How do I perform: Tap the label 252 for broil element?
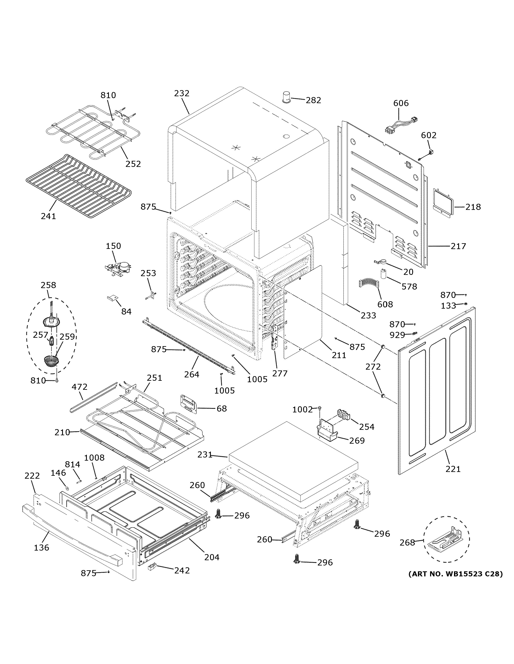[133, 164]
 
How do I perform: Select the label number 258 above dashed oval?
[48, 285]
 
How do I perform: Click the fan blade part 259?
[51, 361]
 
